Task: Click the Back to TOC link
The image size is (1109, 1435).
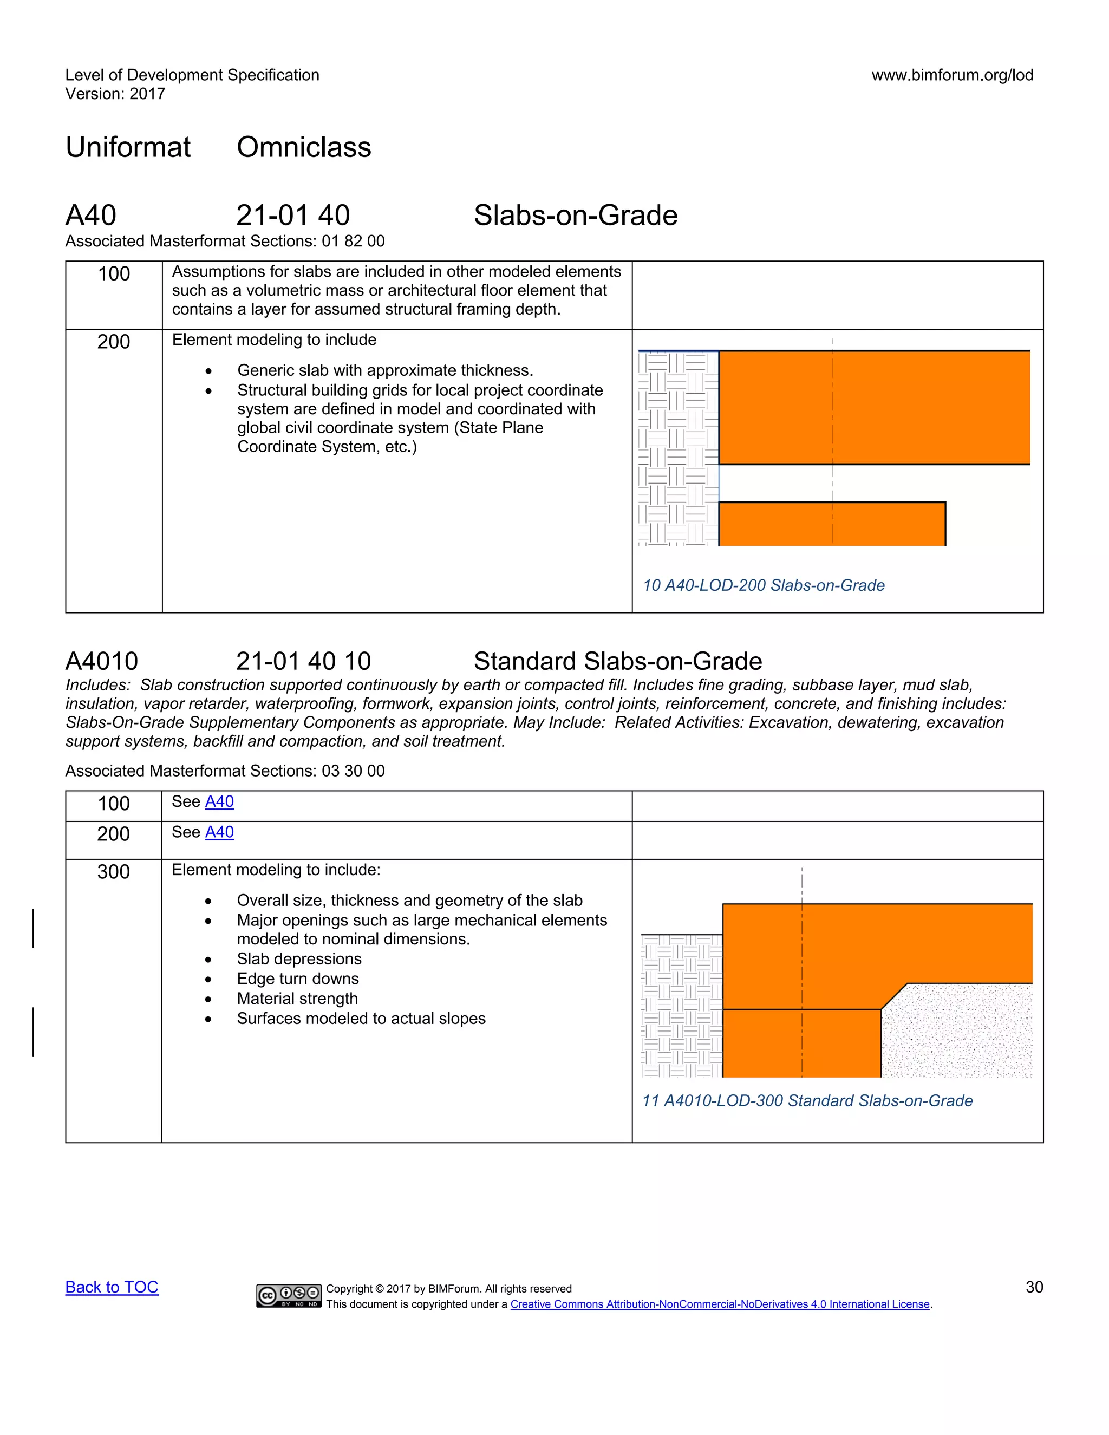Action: [x=112, y=1287]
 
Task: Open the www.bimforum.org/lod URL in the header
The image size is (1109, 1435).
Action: [x=952, y=75]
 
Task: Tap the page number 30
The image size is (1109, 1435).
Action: [x=1034, y=1287]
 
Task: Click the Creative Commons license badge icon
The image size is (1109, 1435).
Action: [x=289, y=1295]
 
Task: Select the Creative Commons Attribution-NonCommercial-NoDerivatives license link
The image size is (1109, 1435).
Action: [x=720, y=1304]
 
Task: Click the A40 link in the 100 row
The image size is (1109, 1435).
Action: [x=219, y=801]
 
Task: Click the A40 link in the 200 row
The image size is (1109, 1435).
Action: [x=219, y=832]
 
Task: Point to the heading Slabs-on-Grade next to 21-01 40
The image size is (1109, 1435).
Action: [x=576, y=216]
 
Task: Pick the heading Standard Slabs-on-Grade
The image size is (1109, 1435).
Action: [x=617, y=661]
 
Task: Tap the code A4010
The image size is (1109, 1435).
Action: [x=102, y=661]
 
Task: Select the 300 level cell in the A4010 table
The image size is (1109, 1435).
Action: [x=114, y=872]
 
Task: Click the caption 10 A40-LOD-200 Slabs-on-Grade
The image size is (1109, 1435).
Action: [x=764, y=585]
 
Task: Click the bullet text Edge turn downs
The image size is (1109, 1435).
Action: [x=298, y=979]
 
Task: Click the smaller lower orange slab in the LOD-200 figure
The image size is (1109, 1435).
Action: [x=831, y=524]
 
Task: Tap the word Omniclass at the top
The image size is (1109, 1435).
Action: [x=304, y=147]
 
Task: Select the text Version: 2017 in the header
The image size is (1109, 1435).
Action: [x=115, y=94]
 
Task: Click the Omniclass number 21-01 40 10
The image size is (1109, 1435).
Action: [x=304, y=661]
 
